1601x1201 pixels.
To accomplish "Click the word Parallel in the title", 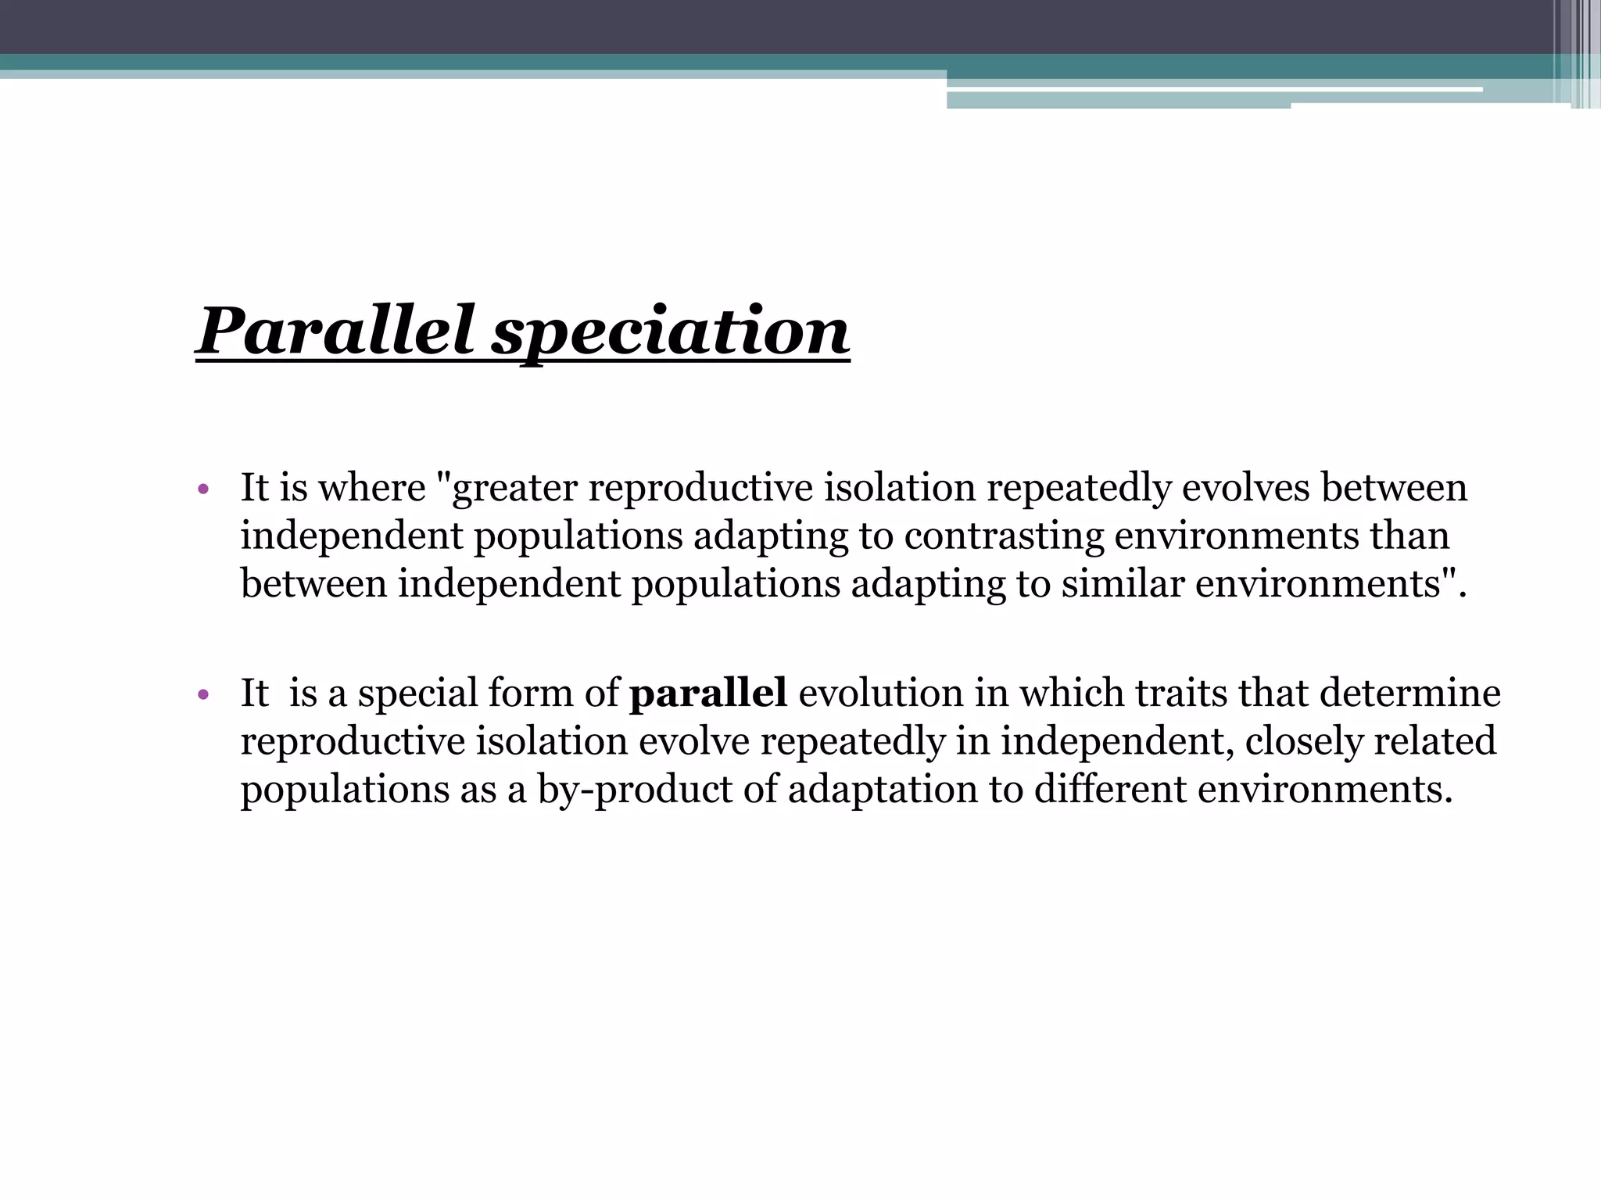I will click(336, 332).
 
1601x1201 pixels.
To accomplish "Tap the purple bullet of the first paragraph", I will click(203, 490).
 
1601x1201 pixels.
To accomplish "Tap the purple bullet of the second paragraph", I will click(203, 694).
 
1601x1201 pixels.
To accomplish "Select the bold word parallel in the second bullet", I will click(707, 694).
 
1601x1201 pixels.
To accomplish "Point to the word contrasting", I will click(1004, 537).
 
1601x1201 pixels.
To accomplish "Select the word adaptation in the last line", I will click(883, 790).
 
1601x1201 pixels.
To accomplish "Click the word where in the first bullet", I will click(371, 489).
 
